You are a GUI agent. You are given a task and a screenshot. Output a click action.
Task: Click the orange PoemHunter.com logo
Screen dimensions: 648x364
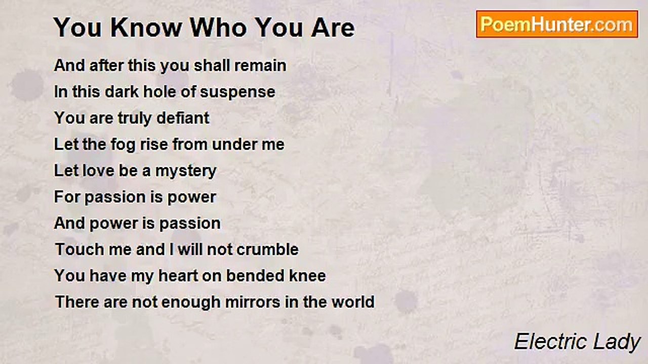click(557, 24)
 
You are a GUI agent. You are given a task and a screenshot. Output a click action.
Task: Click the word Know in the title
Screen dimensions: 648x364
click(146, 28)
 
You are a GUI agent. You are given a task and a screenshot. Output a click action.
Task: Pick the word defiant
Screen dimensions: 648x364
click(183, 118)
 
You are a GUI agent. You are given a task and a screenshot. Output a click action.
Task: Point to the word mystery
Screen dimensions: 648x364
click(186, 171)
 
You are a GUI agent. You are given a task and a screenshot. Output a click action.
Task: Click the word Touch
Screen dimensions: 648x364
click(79, 249)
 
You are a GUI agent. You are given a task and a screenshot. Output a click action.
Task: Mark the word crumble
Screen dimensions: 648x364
click(268, 249)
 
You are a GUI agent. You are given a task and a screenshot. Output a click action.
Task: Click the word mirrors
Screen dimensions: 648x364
click(253, 302)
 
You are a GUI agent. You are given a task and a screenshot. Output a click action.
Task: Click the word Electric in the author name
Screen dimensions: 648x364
click(550, 342)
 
